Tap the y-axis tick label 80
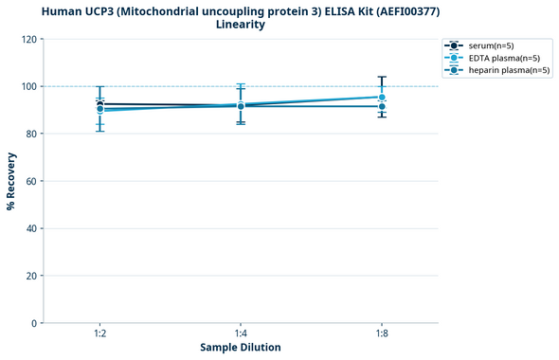(x=30, y=135)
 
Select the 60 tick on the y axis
(x=30, y=182)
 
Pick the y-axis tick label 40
(x=30, y=229)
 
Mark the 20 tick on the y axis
(x=30, y=277)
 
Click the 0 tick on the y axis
(x=34, y=324)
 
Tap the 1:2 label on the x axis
(x=99, y=334)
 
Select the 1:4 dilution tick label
(x=241, y=334)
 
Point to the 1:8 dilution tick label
(x=381, y=334)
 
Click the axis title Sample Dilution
(x=241, y=348)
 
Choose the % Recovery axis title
(x=11, y=181)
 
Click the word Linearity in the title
(x=241, y=25)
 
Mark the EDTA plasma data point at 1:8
(x=381, y=98)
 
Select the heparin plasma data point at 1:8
(x=381, y=106)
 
